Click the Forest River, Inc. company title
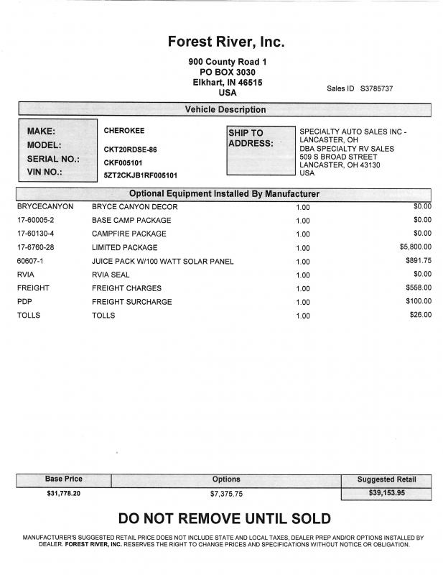click(x=226, y=42)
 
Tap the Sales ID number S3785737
click(x=376, y=88)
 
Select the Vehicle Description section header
click(x=225, y=110)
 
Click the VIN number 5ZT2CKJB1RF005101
click(x=141, y=175)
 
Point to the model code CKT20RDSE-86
click(x=130, y=149)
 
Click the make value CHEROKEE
click(x=124, y=132)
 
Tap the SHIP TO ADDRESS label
click(x=251, y=138)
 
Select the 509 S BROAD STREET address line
click(x=337, y=157)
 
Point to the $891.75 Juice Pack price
click(x=418, y=260)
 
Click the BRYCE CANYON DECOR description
click(x=134, y=207)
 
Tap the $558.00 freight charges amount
click(x=418, y=287)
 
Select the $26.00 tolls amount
click(x=420, y=315)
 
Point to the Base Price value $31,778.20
click(x=64, y=494)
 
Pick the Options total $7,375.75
click(x=226, y=494)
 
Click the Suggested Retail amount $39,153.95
click(x=386, y=494)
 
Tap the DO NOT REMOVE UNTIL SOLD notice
click(x=225, y=519)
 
